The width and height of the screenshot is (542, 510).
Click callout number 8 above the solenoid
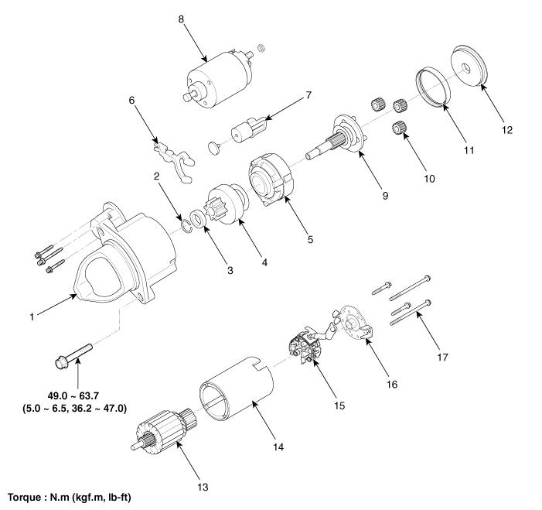point(181,19)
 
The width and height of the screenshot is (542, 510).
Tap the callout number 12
point(507,130)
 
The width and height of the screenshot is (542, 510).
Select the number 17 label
point(442,357)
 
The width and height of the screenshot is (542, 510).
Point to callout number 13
point(203,487)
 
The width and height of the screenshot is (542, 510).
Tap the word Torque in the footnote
point(24,498)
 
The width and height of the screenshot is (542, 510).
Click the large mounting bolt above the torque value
point(73,355)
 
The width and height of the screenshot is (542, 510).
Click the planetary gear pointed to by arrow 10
point(398,128)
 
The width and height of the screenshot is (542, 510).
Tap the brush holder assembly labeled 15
point(305,347)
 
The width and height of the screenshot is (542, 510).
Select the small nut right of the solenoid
point(261,48)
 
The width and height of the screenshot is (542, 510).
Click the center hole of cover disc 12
point(467,68)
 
